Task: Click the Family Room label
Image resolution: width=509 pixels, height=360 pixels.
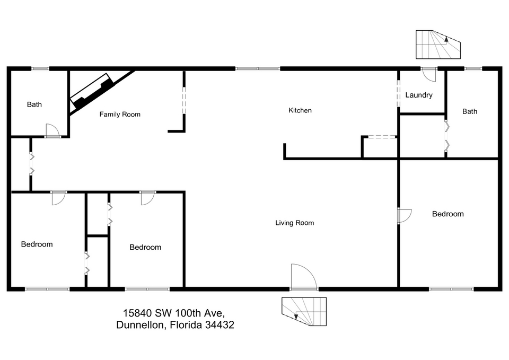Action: coord(120,115)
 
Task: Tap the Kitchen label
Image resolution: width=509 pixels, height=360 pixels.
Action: coord(300,110)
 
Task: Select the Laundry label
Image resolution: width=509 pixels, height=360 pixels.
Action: coord(419,95)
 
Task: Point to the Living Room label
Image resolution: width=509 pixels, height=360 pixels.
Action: coord(294,223)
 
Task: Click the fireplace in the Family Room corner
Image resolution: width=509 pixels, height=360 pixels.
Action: coord(92,92)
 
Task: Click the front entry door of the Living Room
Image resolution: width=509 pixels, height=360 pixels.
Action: coord(303,277)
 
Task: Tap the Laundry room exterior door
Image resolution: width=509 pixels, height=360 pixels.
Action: coord(428,75)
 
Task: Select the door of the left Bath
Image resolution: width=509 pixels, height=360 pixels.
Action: coord(52,130)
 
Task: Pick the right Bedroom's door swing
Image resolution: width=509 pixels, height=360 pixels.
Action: coord(405,216)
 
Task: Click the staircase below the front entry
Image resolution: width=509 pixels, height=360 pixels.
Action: coord(304,311)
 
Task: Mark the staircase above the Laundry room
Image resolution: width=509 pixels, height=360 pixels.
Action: coord(438,45)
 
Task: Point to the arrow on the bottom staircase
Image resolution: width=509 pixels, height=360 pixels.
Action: coord(296,316)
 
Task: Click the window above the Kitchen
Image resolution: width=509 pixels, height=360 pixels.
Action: coord(258,68)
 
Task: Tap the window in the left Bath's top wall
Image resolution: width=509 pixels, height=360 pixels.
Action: coord(40,68)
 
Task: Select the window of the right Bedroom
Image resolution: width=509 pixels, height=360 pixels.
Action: coord(451,289)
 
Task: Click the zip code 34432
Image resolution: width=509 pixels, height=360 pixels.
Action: coord(220,324)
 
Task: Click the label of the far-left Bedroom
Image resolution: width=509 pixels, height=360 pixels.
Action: coord(37,244)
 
